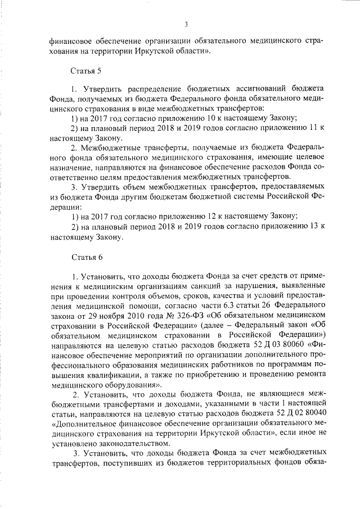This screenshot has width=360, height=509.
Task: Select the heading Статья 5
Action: click(85, 71)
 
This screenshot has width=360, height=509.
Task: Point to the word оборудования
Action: click(127, 384)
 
